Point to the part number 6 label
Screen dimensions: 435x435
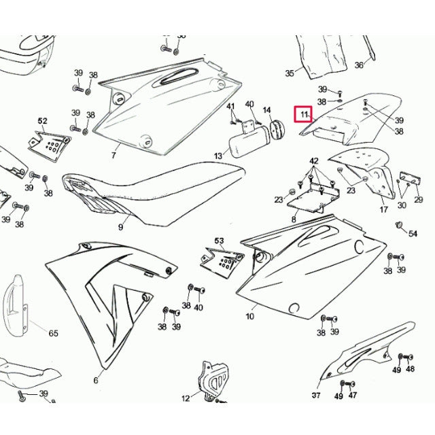click(x=96, y=381)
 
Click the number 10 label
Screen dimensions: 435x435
click(x=249, y=316)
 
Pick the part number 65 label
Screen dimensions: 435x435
click(x=53, y=334)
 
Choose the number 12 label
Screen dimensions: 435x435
click(x=185, y=398)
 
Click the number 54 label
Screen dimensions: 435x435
click(x=413, y=234)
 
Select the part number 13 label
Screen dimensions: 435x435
click(x=218, y=156)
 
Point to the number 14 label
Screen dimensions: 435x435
click(x=266, y=110)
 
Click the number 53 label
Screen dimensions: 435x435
click(x=219, y=241)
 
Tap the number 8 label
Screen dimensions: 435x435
click(x=294, y=220)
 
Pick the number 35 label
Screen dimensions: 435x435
click(x=290, y=73)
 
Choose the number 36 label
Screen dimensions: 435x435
click(x=360, y=65)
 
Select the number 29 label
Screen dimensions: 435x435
click(x=418, y=200)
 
